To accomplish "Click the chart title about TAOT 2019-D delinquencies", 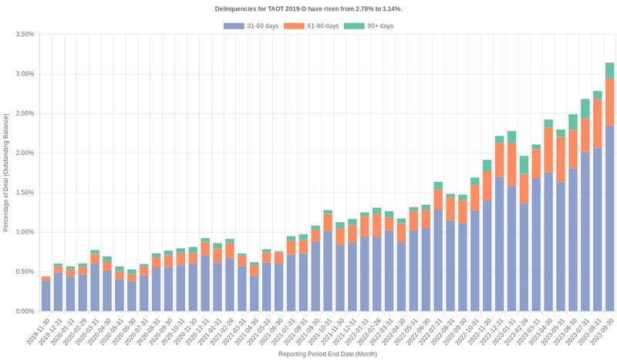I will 308,8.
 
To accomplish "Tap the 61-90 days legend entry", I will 312,26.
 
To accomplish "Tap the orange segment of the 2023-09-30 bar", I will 609,102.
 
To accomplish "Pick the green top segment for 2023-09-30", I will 609,70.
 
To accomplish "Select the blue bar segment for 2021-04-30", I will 255,294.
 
